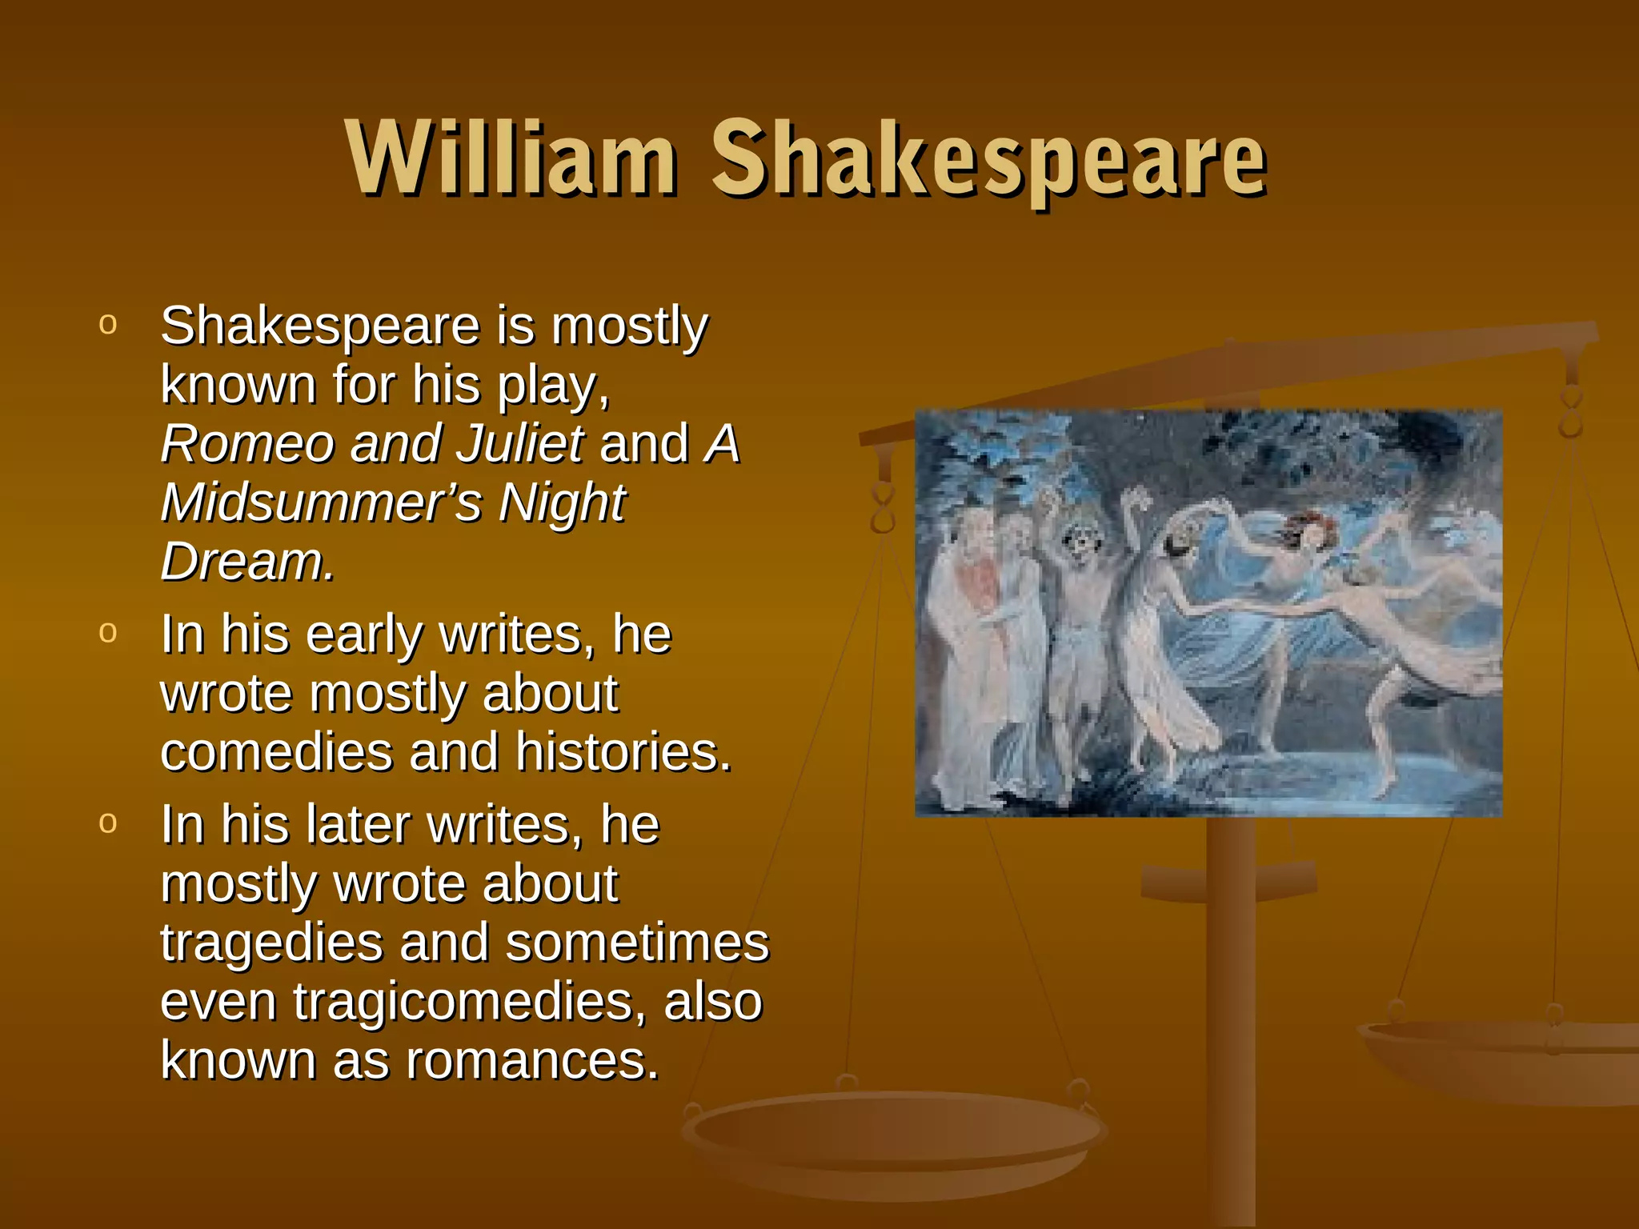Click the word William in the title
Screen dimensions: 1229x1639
click(x=512, y=158)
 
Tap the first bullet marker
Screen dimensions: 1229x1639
click(x=108, y=323)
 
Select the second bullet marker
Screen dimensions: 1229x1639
click(x=108, y=631)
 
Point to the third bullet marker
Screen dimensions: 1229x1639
click(x=108, y=822)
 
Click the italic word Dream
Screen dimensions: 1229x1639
click(x=246, y=562)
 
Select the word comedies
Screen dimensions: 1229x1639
click(x=277, y=752)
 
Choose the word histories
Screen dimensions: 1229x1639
click(x=623, y=752)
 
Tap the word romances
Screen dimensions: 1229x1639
click(x=531, y=1061)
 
